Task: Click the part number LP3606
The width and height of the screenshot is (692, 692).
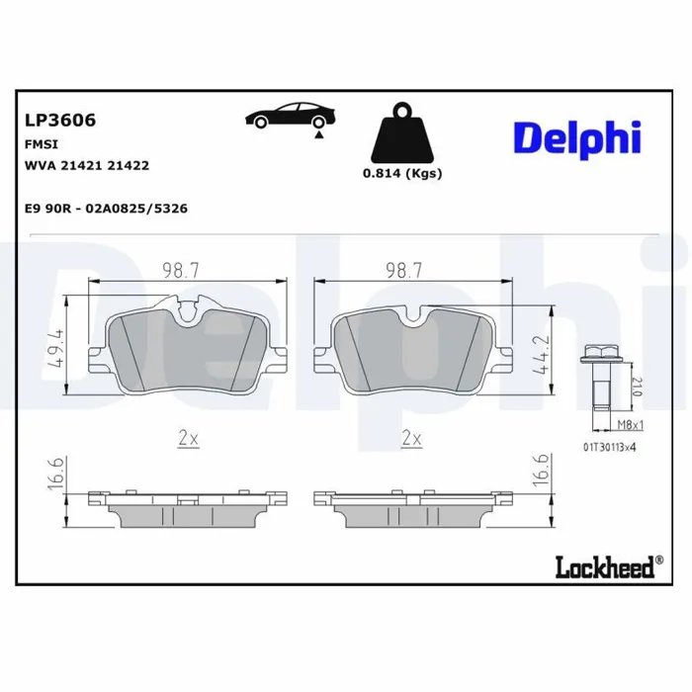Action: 60,120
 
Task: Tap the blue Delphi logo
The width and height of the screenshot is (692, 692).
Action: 577,139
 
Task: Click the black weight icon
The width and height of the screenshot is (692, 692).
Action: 402,132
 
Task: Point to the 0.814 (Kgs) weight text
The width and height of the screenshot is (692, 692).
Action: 402,173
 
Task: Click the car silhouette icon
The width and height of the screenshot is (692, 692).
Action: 290,116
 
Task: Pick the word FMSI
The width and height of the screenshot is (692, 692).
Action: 42,144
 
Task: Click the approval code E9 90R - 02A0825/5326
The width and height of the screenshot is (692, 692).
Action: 107,209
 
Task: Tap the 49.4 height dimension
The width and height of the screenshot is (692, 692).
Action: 56,347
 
